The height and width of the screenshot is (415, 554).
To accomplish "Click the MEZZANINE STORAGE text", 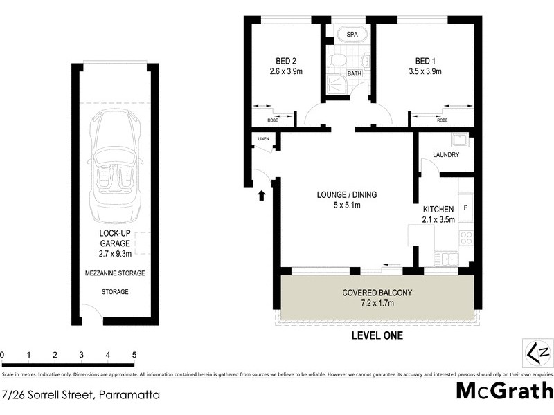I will click(115, 273).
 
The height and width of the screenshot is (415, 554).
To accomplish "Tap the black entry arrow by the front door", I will click(262, 196).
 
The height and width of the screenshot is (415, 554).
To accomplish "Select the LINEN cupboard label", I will click(263, 139).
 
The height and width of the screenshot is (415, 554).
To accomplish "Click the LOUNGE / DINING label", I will click(347, 194).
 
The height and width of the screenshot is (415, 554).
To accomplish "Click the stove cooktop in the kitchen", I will click(466, 238).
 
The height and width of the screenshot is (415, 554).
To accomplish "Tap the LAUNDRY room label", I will click(445, 155).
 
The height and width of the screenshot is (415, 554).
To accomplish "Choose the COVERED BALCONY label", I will click(377, 293).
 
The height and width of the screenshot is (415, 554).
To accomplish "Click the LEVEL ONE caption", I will click(377, 336).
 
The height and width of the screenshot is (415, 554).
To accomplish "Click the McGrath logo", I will click(504, 391).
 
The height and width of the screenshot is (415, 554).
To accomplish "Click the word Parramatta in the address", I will click(129, 396).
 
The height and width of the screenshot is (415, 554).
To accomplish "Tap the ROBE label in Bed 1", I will click(441, 120).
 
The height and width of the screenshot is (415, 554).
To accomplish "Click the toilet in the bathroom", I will click(337, 63).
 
